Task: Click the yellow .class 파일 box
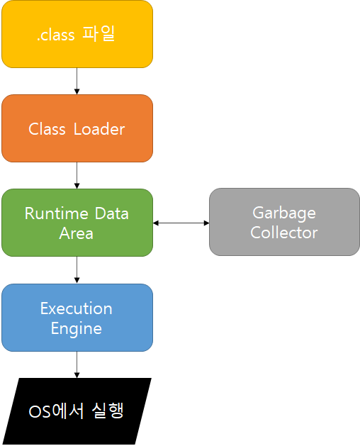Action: (x=77, y=34)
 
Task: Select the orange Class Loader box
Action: (x=77, y=128)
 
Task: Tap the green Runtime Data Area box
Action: (x=77, y=223)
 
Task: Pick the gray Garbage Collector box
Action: (x=284, y=222)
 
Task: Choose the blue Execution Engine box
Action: (x=77, y=318)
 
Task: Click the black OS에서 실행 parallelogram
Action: (x=77, y=411)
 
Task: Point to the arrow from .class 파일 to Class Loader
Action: (x=77, y=82)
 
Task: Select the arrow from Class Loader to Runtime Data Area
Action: (x=77, y=176)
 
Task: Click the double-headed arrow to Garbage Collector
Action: (x=181, y=223)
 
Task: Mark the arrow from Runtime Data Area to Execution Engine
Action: (x=77, y=270)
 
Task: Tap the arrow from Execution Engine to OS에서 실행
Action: (x=77, y=364)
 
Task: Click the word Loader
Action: (x=99, y=129)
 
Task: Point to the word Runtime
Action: (x=57, y=213)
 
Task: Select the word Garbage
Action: (x=284, y=213)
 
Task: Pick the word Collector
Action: (x=283, y=233)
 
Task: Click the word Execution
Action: (x=77, y=308)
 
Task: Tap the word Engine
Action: (x=77, y=329)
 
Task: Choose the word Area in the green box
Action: (x=77, y=233)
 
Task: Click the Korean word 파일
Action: (x=99, y=34)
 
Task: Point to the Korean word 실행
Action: (x=108, y=411)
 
